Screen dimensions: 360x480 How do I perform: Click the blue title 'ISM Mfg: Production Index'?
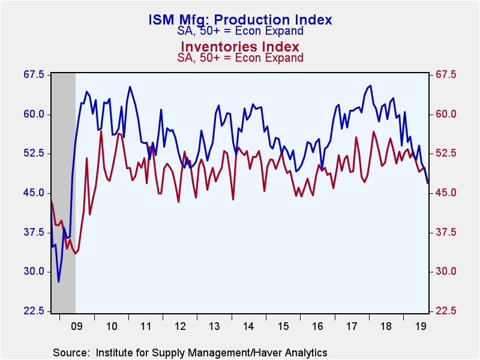tap(240, 20)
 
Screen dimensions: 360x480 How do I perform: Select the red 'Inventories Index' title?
tap(240, 46)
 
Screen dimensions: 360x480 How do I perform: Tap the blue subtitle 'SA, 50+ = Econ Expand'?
tap(240, 32)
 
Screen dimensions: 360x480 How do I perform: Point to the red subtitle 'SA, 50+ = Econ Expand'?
tap(240, 58)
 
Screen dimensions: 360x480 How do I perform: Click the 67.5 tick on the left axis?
tap(34, 74)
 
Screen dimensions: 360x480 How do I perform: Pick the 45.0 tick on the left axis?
tap(34, 193)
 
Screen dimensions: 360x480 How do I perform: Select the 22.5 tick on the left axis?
tap(34, 311)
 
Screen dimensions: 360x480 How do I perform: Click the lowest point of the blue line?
tap(59, 281)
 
